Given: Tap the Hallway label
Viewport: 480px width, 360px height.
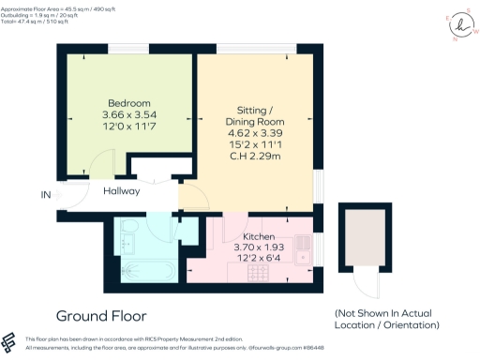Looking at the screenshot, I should point(122,191).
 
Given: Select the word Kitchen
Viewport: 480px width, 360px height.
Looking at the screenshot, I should point(258,236).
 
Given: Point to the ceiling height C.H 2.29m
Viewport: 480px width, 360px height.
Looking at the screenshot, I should point(254,158).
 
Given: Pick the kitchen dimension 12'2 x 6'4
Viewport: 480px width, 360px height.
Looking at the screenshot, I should point(258,260).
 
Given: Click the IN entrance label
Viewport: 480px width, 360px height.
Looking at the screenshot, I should point(46,194).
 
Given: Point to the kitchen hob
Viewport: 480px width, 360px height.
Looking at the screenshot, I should point(257,273).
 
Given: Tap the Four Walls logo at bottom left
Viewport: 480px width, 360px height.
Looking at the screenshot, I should point(10,341).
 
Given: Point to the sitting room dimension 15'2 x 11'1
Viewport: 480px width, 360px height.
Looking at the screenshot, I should point(254,146).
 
